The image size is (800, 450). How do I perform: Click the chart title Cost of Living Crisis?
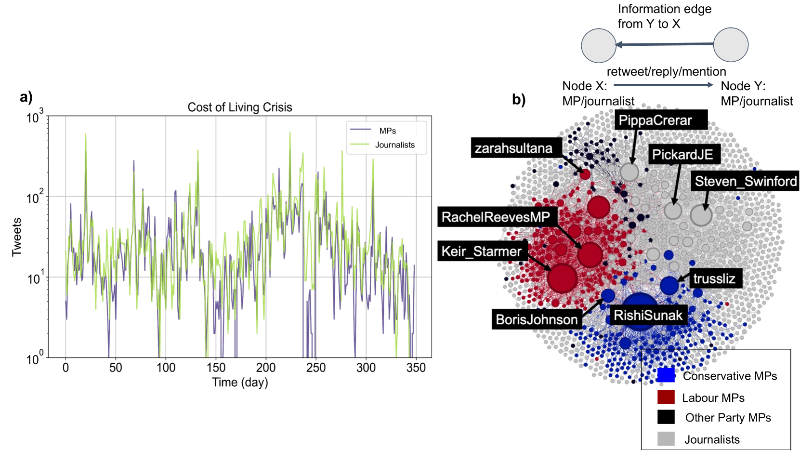(240, 107)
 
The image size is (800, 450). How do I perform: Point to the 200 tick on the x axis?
(266, 368)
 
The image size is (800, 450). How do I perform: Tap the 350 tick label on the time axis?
(416, 368)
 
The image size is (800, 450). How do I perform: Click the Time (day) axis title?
(240, 383)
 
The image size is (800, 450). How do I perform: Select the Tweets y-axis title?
(17, 237)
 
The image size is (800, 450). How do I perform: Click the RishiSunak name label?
(648, 316)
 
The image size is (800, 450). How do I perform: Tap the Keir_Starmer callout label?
(481, 251)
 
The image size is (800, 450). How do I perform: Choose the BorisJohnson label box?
(537, 319)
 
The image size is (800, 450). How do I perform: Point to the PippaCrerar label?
(655, 120)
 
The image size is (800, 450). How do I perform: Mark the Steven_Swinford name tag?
(745, 181)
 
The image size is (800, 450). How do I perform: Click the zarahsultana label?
(513, 148)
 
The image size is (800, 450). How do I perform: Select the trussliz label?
(714, 278)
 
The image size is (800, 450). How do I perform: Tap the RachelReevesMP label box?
(496, 217)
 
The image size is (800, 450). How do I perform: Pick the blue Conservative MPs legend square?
(666, 375)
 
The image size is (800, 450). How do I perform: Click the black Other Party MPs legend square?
(666, 417)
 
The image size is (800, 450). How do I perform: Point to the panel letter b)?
(519, 100)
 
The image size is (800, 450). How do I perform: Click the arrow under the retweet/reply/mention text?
(663, 85)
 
